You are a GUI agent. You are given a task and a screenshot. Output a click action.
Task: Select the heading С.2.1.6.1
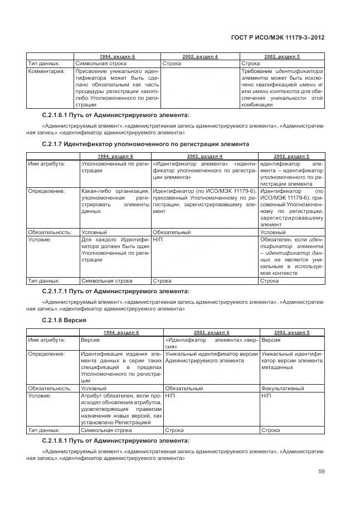(115, 115)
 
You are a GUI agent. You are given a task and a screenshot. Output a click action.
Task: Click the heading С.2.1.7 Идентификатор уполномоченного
(145, 144)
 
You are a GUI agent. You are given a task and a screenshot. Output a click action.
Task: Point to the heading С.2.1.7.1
(115, 291)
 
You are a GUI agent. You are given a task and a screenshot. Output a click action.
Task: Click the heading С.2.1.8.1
(115, 441)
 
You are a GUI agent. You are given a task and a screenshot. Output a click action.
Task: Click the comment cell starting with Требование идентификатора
(282, 88)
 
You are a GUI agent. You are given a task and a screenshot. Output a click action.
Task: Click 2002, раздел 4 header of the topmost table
(200, 57)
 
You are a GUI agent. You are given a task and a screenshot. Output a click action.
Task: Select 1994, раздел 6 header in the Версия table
(121, 332)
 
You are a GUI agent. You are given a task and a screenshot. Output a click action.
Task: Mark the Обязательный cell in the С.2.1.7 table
(172, 231)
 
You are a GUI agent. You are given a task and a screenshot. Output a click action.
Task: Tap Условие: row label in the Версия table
(40, 395)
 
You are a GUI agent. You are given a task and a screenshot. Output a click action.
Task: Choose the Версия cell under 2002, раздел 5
(271, 340)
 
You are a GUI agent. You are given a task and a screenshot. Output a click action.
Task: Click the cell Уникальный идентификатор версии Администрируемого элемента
(211, 357)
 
